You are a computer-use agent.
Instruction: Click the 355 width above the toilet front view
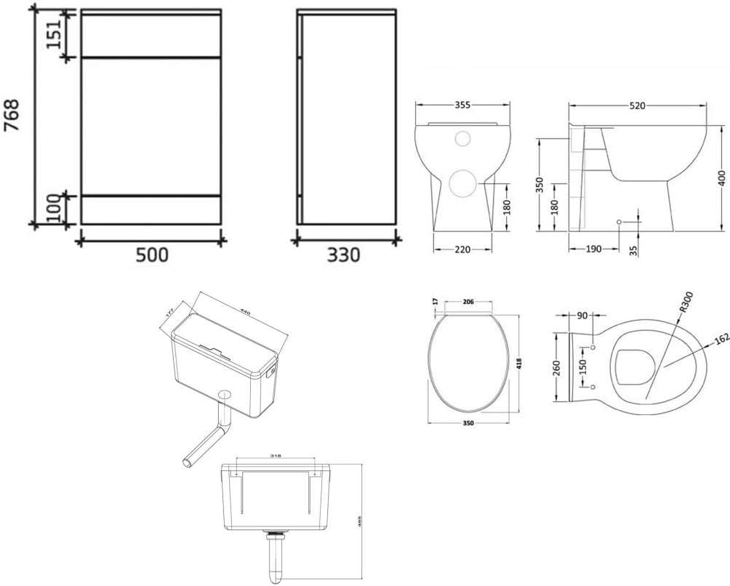(x=462, y=105)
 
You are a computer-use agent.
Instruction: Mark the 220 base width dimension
(x=462, y=249)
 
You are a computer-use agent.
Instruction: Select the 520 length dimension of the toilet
(x=637, y=105)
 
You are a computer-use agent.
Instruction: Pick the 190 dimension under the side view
(x=593, y=249)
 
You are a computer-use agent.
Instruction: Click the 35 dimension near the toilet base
(x=633, y=249)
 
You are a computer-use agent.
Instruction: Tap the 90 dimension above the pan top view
(x=582, y=315)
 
